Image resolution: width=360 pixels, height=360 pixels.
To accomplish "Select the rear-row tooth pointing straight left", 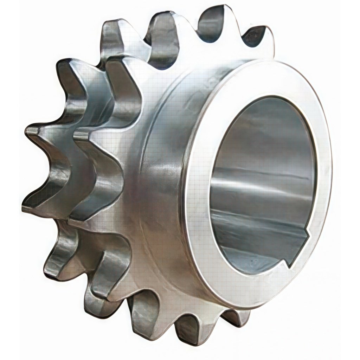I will click(x=35, y=134).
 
